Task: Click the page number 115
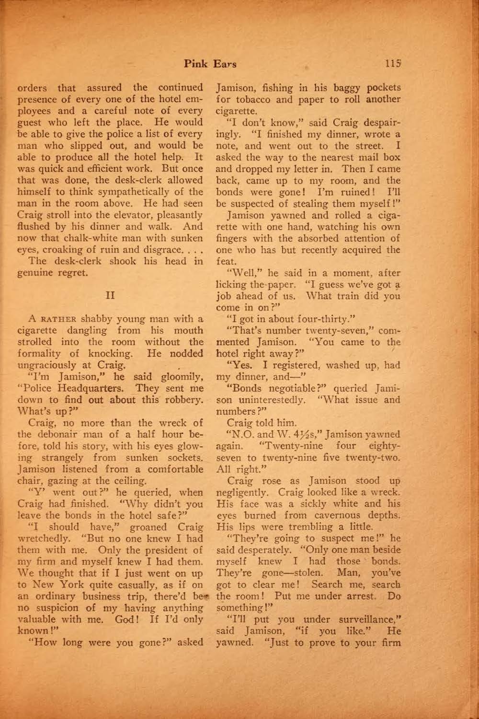click(x=392, y=63)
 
